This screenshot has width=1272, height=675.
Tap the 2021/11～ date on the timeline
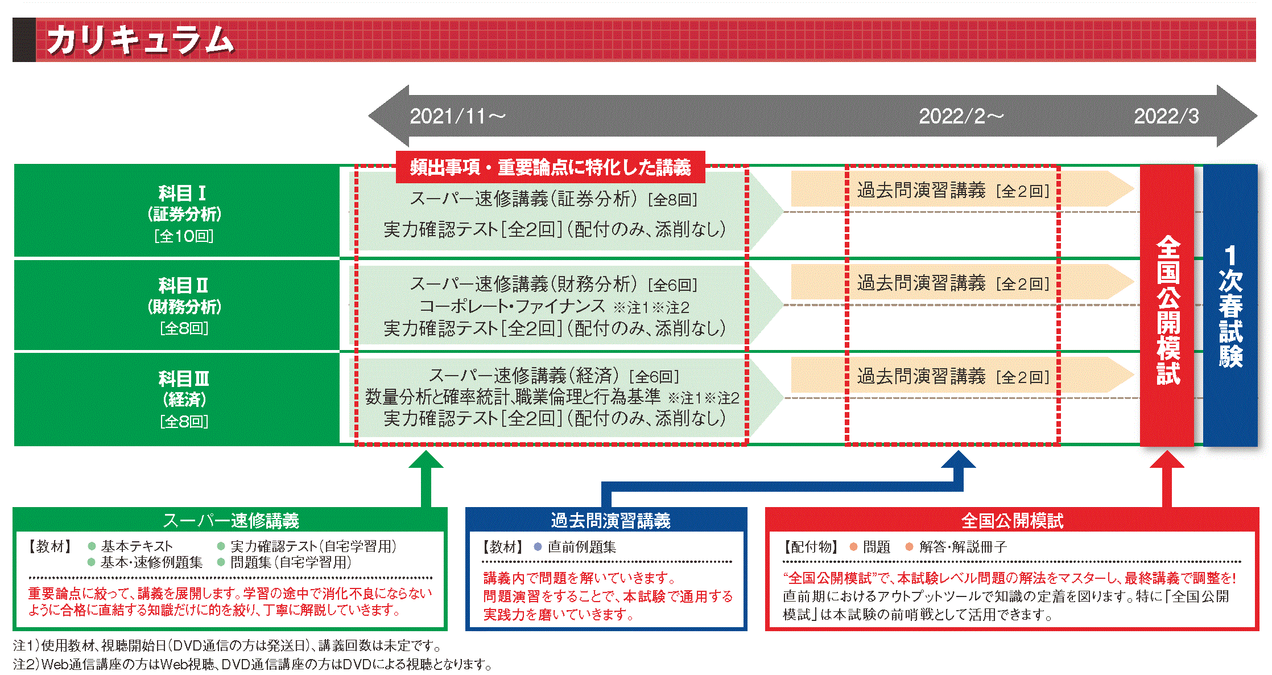click(457, 117)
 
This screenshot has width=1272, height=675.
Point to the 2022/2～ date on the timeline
click(961, 117)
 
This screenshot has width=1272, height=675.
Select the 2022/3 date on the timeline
click(1166, 117)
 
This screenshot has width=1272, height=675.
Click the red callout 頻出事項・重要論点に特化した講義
click(550, 167)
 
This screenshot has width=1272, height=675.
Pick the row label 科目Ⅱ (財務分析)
click(183, 306)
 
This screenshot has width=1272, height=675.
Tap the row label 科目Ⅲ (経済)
click(183, 399)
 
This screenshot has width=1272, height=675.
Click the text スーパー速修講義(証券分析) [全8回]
click(553, 199)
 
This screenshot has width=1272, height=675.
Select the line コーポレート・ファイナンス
click(512, 307)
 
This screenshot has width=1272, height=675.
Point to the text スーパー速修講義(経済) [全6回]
click(554, 376)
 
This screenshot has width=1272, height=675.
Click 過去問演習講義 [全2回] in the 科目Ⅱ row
click(953, 283)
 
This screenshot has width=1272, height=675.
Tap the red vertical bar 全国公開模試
click(1167, 307)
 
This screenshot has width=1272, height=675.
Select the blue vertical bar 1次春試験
click(1230, 307)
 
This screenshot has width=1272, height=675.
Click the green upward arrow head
click(426, 459)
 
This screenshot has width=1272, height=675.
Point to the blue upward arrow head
click(959, 459)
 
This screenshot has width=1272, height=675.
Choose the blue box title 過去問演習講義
click(610, 520)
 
